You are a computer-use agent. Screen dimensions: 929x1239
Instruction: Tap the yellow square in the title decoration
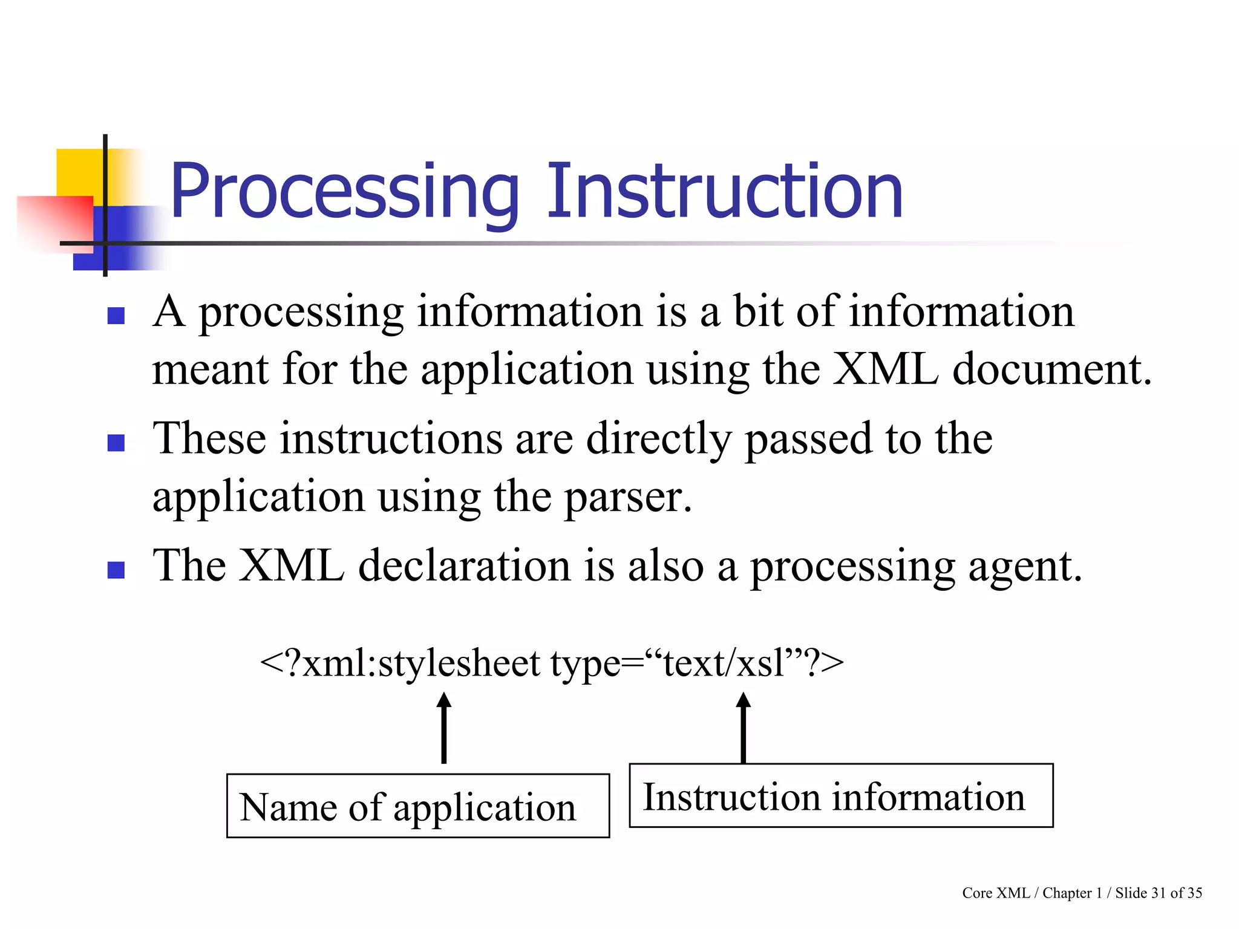(79, 172)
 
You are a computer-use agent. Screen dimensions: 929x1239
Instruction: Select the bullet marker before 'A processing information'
(116, 316)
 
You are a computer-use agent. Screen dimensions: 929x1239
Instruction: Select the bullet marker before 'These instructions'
(116, 443)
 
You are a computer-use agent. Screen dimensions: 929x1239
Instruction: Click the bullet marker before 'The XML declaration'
(116, 570)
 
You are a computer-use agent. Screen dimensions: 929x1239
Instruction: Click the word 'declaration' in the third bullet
(464, 566)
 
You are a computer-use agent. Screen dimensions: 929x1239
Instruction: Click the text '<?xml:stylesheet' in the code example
(399, 663)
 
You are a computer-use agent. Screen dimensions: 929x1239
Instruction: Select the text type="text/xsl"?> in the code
(696, 663)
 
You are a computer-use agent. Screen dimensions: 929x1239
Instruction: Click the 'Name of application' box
(417, 806)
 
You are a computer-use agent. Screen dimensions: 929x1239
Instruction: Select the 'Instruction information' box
(840, 796)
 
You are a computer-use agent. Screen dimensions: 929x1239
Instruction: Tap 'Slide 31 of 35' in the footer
(1158, 893)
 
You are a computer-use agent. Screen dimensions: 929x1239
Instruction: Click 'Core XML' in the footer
(995, 893)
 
